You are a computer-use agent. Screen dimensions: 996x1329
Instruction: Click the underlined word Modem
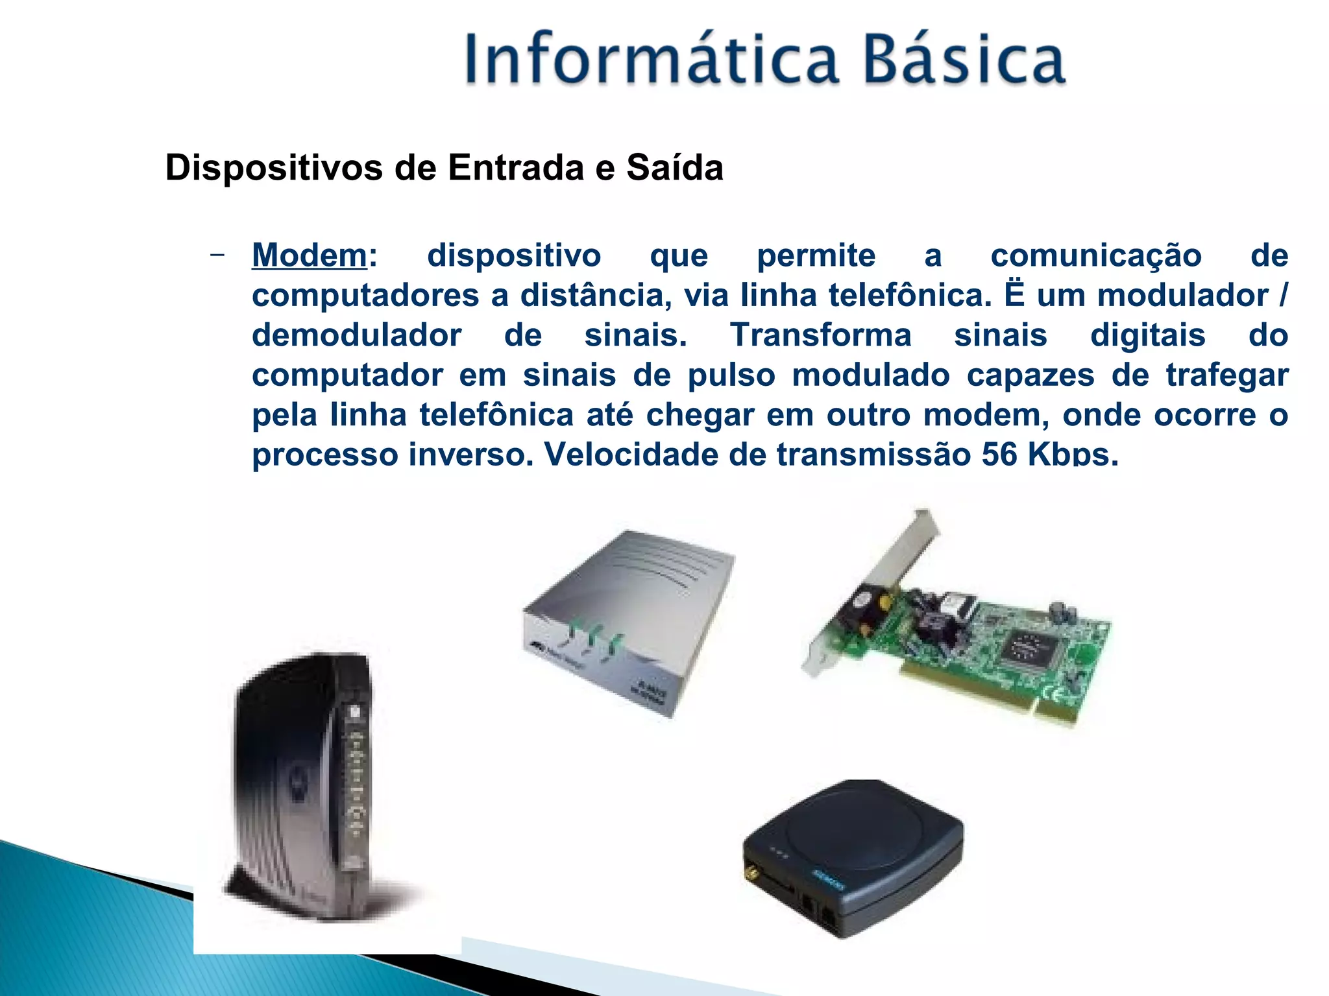310,255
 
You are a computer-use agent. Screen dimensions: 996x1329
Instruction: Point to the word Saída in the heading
674,168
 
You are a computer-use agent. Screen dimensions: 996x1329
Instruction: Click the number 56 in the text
999,454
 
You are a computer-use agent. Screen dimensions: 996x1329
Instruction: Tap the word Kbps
1073,454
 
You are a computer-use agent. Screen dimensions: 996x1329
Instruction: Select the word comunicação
1095,255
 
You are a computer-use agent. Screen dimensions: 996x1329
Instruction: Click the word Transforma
821,335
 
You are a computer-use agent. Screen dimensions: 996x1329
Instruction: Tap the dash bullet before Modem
218,254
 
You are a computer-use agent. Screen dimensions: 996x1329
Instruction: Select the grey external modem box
629,616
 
